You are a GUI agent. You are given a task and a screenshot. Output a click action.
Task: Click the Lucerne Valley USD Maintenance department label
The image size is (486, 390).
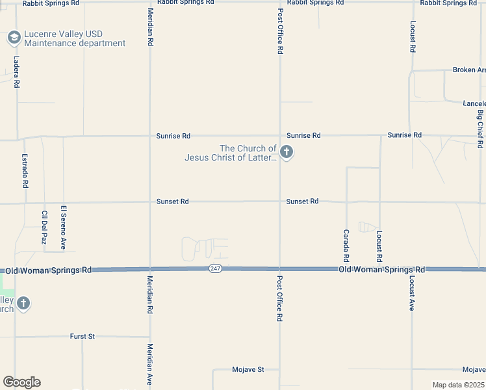click(x=74, y=38)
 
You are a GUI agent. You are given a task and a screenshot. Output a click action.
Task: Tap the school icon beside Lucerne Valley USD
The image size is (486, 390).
click(x=14, y=38)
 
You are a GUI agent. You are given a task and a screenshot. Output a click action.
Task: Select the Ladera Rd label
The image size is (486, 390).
click(x=16, y=71)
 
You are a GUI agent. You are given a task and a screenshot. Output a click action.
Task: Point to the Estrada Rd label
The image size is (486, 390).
click(x=25, y=171)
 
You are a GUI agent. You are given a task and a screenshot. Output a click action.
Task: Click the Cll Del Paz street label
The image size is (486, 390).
click(x=44, y=227)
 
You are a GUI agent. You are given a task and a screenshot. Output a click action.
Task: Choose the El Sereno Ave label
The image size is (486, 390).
click(x=64, y=227)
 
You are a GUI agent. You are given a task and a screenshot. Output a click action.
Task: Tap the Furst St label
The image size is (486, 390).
click(x=83, y=336)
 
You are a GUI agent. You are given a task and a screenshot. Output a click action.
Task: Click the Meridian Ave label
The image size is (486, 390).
click(x=149, y=365)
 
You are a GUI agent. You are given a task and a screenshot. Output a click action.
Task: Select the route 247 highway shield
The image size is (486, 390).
click(x=216, y=268)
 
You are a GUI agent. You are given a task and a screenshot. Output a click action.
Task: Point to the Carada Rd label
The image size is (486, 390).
click(x=346, y=240)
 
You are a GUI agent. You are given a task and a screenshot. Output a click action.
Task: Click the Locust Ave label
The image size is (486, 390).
click(x=412, y=292)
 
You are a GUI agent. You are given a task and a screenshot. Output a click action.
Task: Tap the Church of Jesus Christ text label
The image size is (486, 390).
click(x=231, y=153)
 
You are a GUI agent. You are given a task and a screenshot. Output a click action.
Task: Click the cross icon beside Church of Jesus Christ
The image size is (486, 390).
click(x=287, y=153)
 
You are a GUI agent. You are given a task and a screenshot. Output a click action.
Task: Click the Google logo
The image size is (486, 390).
click(x=22, y=382)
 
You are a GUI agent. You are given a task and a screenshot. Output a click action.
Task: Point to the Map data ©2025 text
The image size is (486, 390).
click(x=458, y=385)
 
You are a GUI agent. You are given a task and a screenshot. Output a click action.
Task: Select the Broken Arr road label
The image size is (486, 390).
click(x=468, y=70)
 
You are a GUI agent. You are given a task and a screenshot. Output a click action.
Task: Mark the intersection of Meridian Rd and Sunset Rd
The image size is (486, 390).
click(x=150, y=201)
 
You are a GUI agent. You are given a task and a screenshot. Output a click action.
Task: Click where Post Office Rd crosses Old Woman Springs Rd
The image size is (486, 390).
click(x=279, y=268)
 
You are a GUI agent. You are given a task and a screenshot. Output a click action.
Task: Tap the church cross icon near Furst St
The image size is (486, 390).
click(x=23, y=303)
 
